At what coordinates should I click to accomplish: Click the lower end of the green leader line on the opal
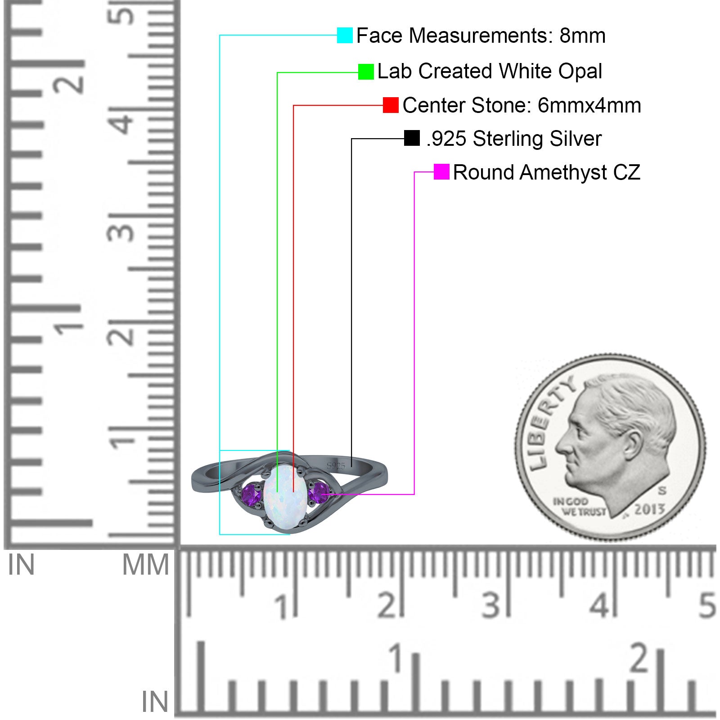[277, 492]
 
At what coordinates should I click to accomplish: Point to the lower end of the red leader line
[293, 492]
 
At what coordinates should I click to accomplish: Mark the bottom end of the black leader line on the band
[351, 467]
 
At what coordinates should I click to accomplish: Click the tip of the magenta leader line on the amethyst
[321, 494]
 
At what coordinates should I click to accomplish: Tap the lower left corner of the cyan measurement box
[220, 534]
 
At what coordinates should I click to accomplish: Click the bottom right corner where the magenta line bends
[414, 494]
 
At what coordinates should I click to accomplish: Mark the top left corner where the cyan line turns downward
[220, 35]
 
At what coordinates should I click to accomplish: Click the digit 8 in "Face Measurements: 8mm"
[565, 36]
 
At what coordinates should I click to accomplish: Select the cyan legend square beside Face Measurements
[345, 35]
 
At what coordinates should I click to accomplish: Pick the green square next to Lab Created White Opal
[366, 72]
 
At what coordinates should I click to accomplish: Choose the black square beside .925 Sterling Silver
[412, 138]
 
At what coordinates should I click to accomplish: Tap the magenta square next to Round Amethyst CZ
[441, 172]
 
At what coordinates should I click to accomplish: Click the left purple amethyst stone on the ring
[252, 495]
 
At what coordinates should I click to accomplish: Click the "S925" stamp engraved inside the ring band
[336, 466]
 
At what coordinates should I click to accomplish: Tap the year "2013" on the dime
[649, 509]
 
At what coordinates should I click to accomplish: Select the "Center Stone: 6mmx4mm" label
[522, 105]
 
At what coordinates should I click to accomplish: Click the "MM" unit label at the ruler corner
[146, 565]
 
